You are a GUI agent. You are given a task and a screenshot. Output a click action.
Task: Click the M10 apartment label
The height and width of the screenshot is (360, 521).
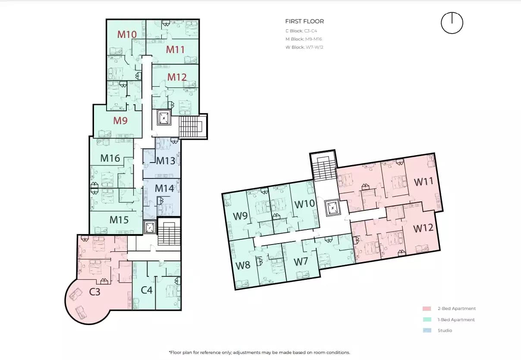[127, 34]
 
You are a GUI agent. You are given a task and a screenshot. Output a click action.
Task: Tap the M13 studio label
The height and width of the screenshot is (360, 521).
[166, 161]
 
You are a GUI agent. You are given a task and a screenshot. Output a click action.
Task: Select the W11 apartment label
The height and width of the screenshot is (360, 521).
[424, 182]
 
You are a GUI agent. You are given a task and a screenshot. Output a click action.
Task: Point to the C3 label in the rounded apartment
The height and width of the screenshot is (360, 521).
[95, 292]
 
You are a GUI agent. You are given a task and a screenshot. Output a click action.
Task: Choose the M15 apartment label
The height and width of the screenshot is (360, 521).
[119, 219]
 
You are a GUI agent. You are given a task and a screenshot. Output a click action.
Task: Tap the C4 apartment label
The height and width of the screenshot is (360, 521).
[147, 290]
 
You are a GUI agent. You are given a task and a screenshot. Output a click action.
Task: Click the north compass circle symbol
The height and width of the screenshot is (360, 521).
[452, 23]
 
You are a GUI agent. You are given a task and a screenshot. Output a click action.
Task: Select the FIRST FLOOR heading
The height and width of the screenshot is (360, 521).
[304, 21]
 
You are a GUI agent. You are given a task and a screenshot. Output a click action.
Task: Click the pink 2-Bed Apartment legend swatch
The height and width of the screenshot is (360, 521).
[427, 309]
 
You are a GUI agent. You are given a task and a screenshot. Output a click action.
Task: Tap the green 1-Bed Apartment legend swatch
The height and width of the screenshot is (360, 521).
[427, 320]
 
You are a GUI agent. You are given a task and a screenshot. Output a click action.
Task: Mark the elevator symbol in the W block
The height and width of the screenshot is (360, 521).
[333, 207]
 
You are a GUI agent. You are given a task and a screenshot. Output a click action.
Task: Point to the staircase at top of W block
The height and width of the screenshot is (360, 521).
[323, 169]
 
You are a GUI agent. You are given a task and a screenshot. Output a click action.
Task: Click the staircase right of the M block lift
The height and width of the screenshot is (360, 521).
[190, 127]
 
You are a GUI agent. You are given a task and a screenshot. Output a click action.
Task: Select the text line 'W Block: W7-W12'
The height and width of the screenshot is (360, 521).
[304, 47]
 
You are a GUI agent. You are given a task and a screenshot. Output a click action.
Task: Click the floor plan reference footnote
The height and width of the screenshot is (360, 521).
[259, 352]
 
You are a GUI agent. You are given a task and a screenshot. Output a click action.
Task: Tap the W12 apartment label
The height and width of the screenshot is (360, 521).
[424, 229]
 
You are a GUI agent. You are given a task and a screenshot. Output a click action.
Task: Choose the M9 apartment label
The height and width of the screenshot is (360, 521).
[120, 121]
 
